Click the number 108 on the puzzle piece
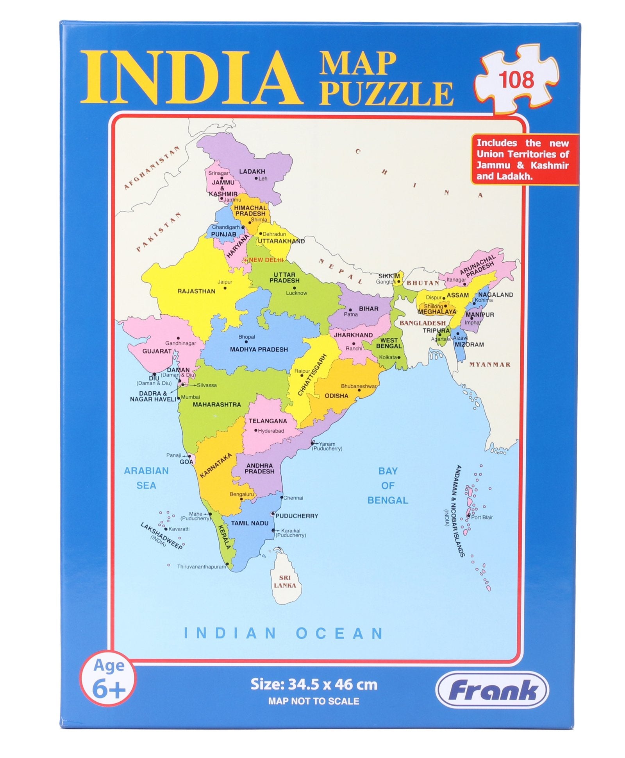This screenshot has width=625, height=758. tap(516, 80)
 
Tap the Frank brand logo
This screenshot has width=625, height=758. tap(492, 690)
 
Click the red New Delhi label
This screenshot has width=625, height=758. tap(266, 260)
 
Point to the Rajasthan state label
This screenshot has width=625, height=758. tap(196, 291)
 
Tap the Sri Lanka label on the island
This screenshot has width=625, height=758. tap(285, 581)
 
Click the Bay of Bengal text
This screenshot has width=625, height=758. tap(387, 486)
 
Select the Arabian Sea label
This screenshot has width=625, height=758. tap(146, 478)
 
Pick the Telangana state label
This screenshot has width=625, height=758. tap(268, 421)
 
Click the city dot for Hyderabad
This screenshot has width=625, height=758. tap(256, 431)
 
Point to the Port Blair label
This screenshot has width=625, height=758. tap(482, 517)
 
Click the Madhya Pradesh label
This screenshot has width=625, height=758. tap(259, 349)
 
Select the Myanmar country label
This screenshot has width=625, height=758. tap(489, 364)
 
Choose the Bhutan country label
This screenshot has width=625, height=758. tap(423, 283)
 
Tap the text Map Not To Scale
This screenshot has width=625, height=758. tap(313, 701)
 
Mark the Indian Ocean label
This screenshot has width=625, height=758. tap(284, 633)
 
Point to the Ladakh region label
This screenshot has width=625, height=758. tap(252, 172)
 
